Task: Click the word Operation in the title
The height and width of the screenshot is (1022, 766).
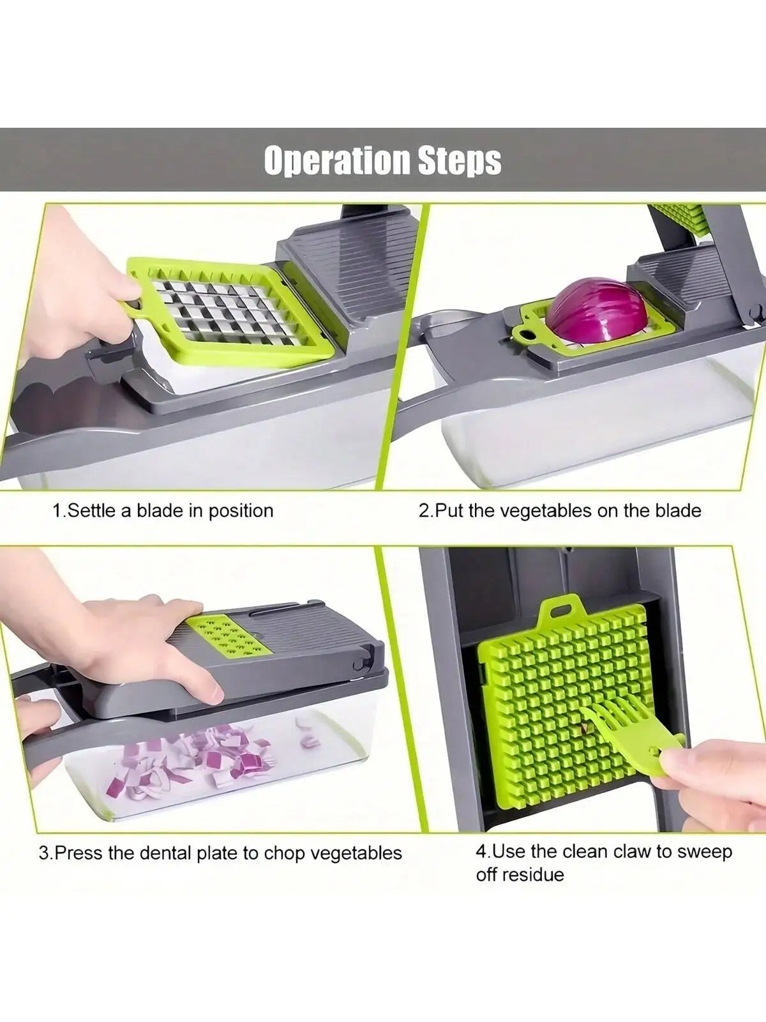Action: coord(338,160)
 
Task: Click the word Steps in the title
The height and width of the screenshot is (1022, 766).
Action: coord(460,160)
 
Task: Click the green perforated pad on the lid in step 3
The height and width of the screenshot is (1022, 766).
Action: coord(234,636)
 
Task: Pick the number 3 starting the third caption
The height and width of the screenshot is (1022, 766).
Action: coord(44,853)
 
